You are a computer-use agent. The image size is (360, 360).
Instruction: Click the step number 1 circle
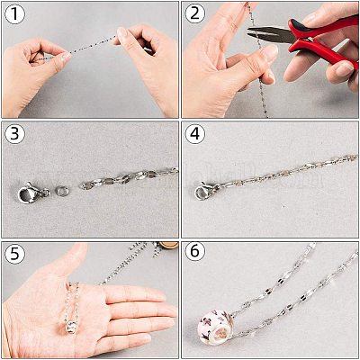coord(13,14)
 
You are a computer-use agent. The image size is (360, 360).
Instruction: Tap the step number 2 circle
coord(195,14)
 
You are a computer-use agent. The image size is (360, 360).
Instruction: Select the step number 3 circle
coord(13,133)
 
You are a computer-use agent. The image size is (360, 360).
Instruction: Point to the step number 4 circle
coord(195,133)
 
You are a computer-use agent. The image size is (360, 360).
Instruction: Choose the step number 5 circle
coord(13,254)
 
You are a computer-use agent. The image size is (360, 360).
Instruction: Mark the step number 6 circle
coord(195,254)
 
